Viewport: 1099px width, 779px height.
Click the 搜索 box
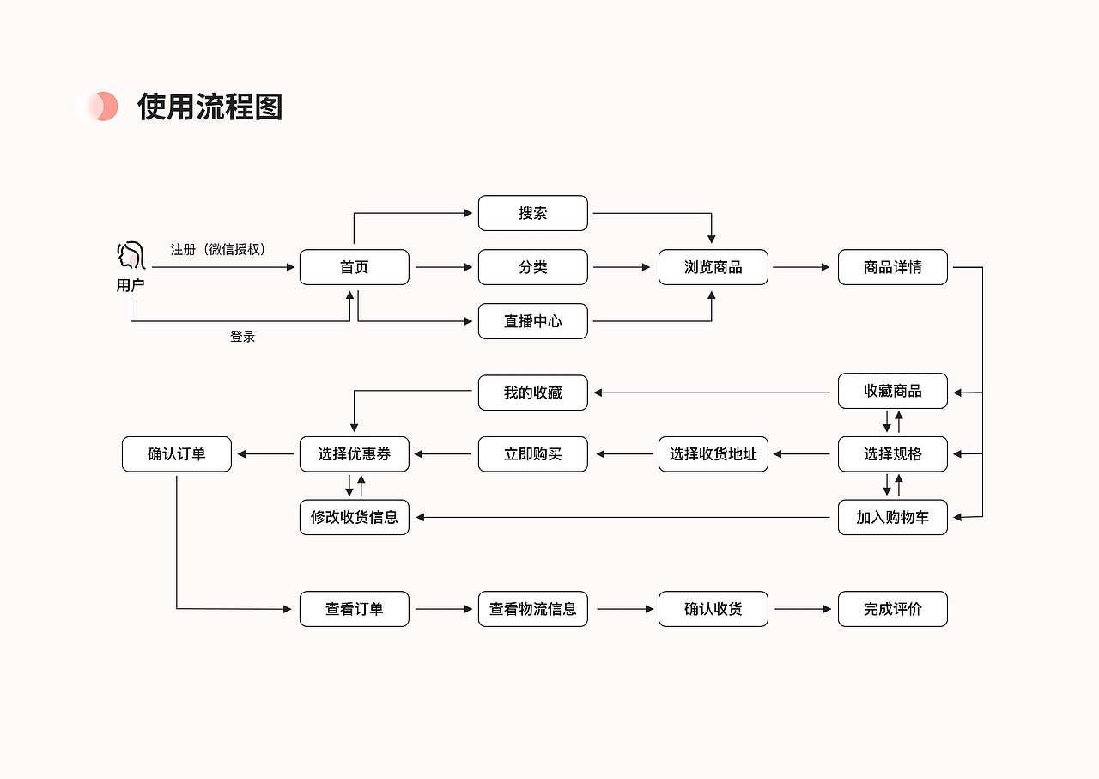click(x=532, y=213)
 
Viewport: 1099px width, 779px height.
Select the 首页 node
click(x=354, y=267)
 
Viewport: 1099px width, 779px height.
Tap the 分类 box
click(x=532, y=267)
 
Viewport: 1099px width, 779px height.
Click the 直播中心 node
click(x=532, y=321)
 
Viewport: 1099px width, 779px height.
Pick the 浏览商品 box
click(x=713, y=267)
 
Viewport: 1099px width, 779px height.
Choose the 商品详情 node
click(x=892, y=267)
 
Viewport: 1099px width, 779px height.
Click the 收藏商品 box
click(x=892, y=391)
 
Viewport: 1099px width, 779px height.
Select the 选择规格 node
click(x=892, y=454)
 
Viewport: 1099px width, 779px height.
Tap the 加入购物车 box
click(x=892, y=517)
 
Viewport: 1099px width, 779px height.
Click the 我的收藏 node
click(x=532, y=393)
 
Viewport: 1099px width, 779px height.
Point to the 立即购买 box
click(x=532, y=454)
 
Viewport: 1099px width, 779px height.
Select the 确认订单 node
click(x=176, y=454)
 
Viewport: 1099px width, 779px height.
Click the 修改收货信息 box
click(x=354, y=517)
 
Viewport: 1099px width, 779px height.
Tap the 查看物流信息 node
click(x=532, y=609)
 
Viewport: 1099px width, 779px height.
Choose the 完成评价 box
click(x=892, y=609)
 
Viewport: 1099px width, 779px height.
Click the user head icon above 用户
click(x=130, y=256)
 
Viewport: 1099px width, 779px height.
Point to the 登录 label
click(x=242, y=337)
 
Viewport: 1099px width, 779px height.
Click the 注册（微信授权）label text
click(x=218, y=249)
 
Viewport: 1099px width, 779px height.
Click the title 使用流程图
click(x=209, y=107)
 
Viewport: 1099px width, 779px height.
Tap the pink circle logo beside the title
click(x=97, y=107)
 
